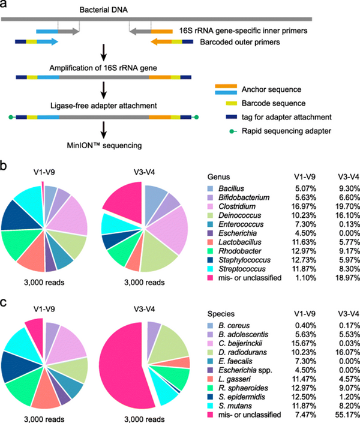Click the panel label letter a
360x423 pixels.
coord(5,6)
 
